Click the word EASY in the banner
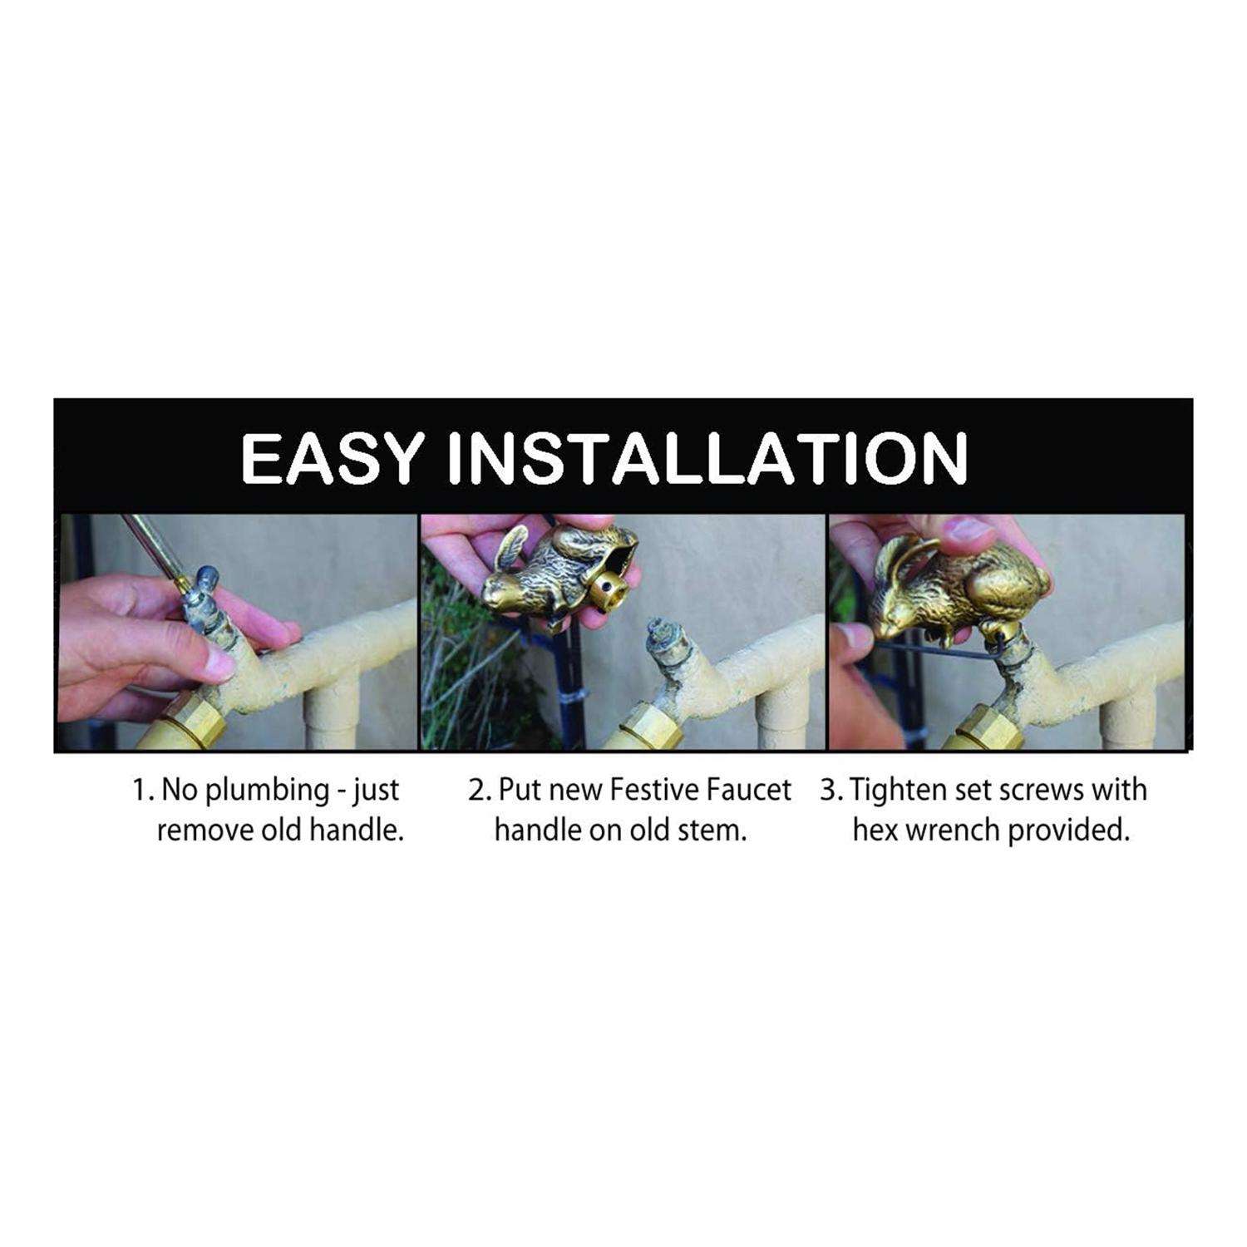click(x=330, y=457)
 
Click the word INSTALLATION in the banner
click(x=708, y=457)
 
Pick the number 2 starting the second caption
click(x=475, y=791)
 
